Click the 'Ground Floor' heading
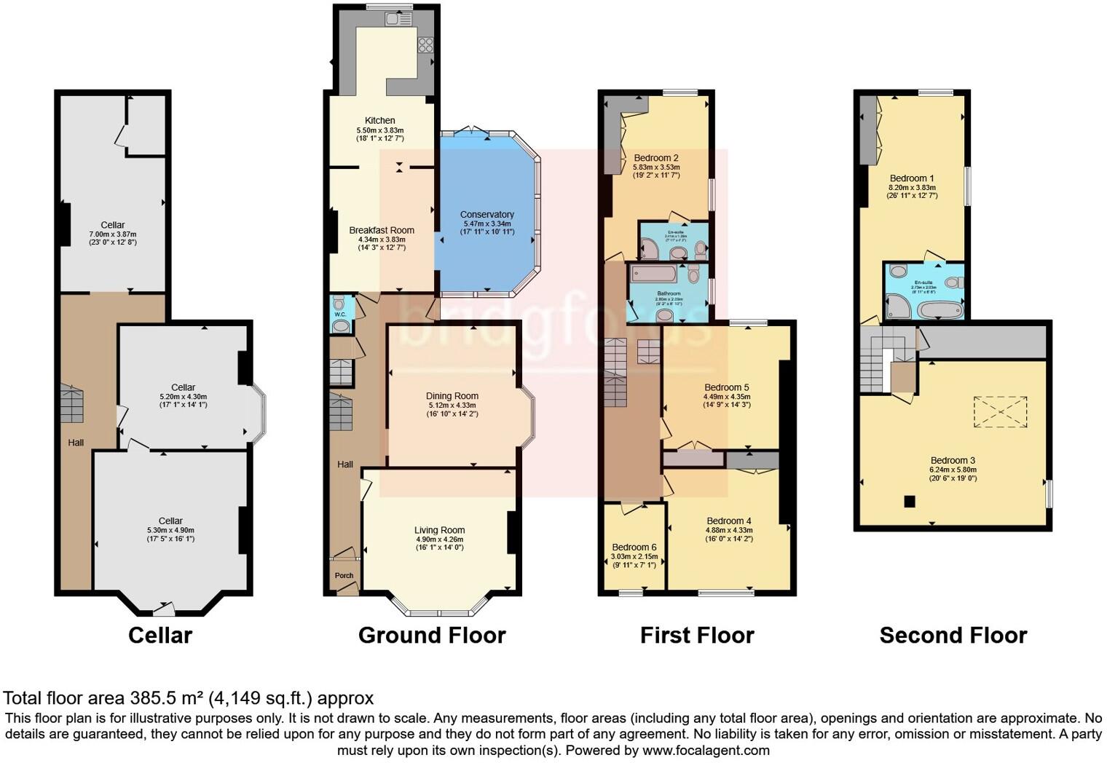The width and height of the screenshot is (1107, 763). [432, 635]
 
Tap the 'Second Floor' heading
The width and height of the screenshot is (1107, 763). [953, 635]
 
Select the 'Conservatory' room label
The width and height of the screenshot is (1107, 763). [486, 215]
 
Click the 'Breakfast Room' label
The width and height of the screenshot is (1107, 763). [381, 230]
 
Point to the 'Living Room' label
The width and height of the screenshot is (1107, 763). [439, 530]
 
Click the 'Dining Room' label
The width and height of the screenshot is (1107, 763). [452, 396]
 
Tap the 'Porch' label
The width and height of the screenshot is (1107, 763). [344, 575]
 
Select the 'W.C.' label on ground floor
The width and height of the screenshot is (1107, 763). [340, 315]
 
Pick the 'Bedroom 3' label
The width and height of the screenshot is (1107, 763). [952, 460]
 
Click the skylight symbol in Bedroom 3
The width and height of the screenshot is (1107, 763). [1001, 411]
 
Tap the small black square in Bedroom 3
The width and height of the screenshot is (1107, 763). [909, 501]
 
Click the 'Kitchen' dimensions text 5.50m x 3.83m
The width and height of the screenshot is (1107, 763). [379, 130]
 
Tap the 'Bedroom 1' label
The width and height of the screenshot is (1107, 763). [911, 178]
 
